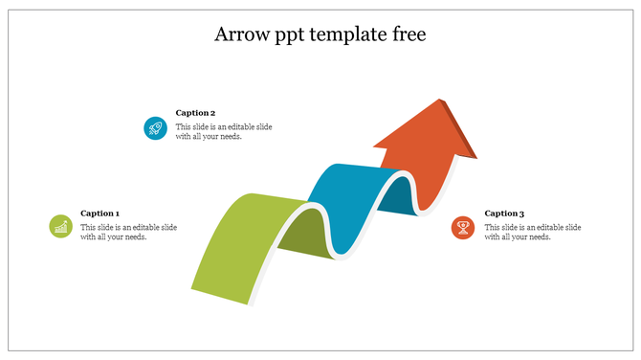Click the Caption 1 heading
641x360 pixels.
coord(99,214)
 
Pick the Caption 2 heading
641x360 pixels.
coord(195,112)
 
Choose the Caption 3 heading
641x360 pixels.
coord(504,214)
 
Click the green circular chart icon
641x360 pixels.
coord(60,226)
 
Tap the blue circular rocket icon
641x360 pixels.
coord(155,127)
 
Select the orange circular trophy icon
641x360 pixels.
coord(463,227)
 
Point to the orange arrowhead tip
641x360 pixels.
coord(441,101)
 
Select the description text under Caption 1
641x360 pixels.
coord(114,232)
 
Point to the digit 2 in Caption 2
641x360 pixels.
coord(212,112)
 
